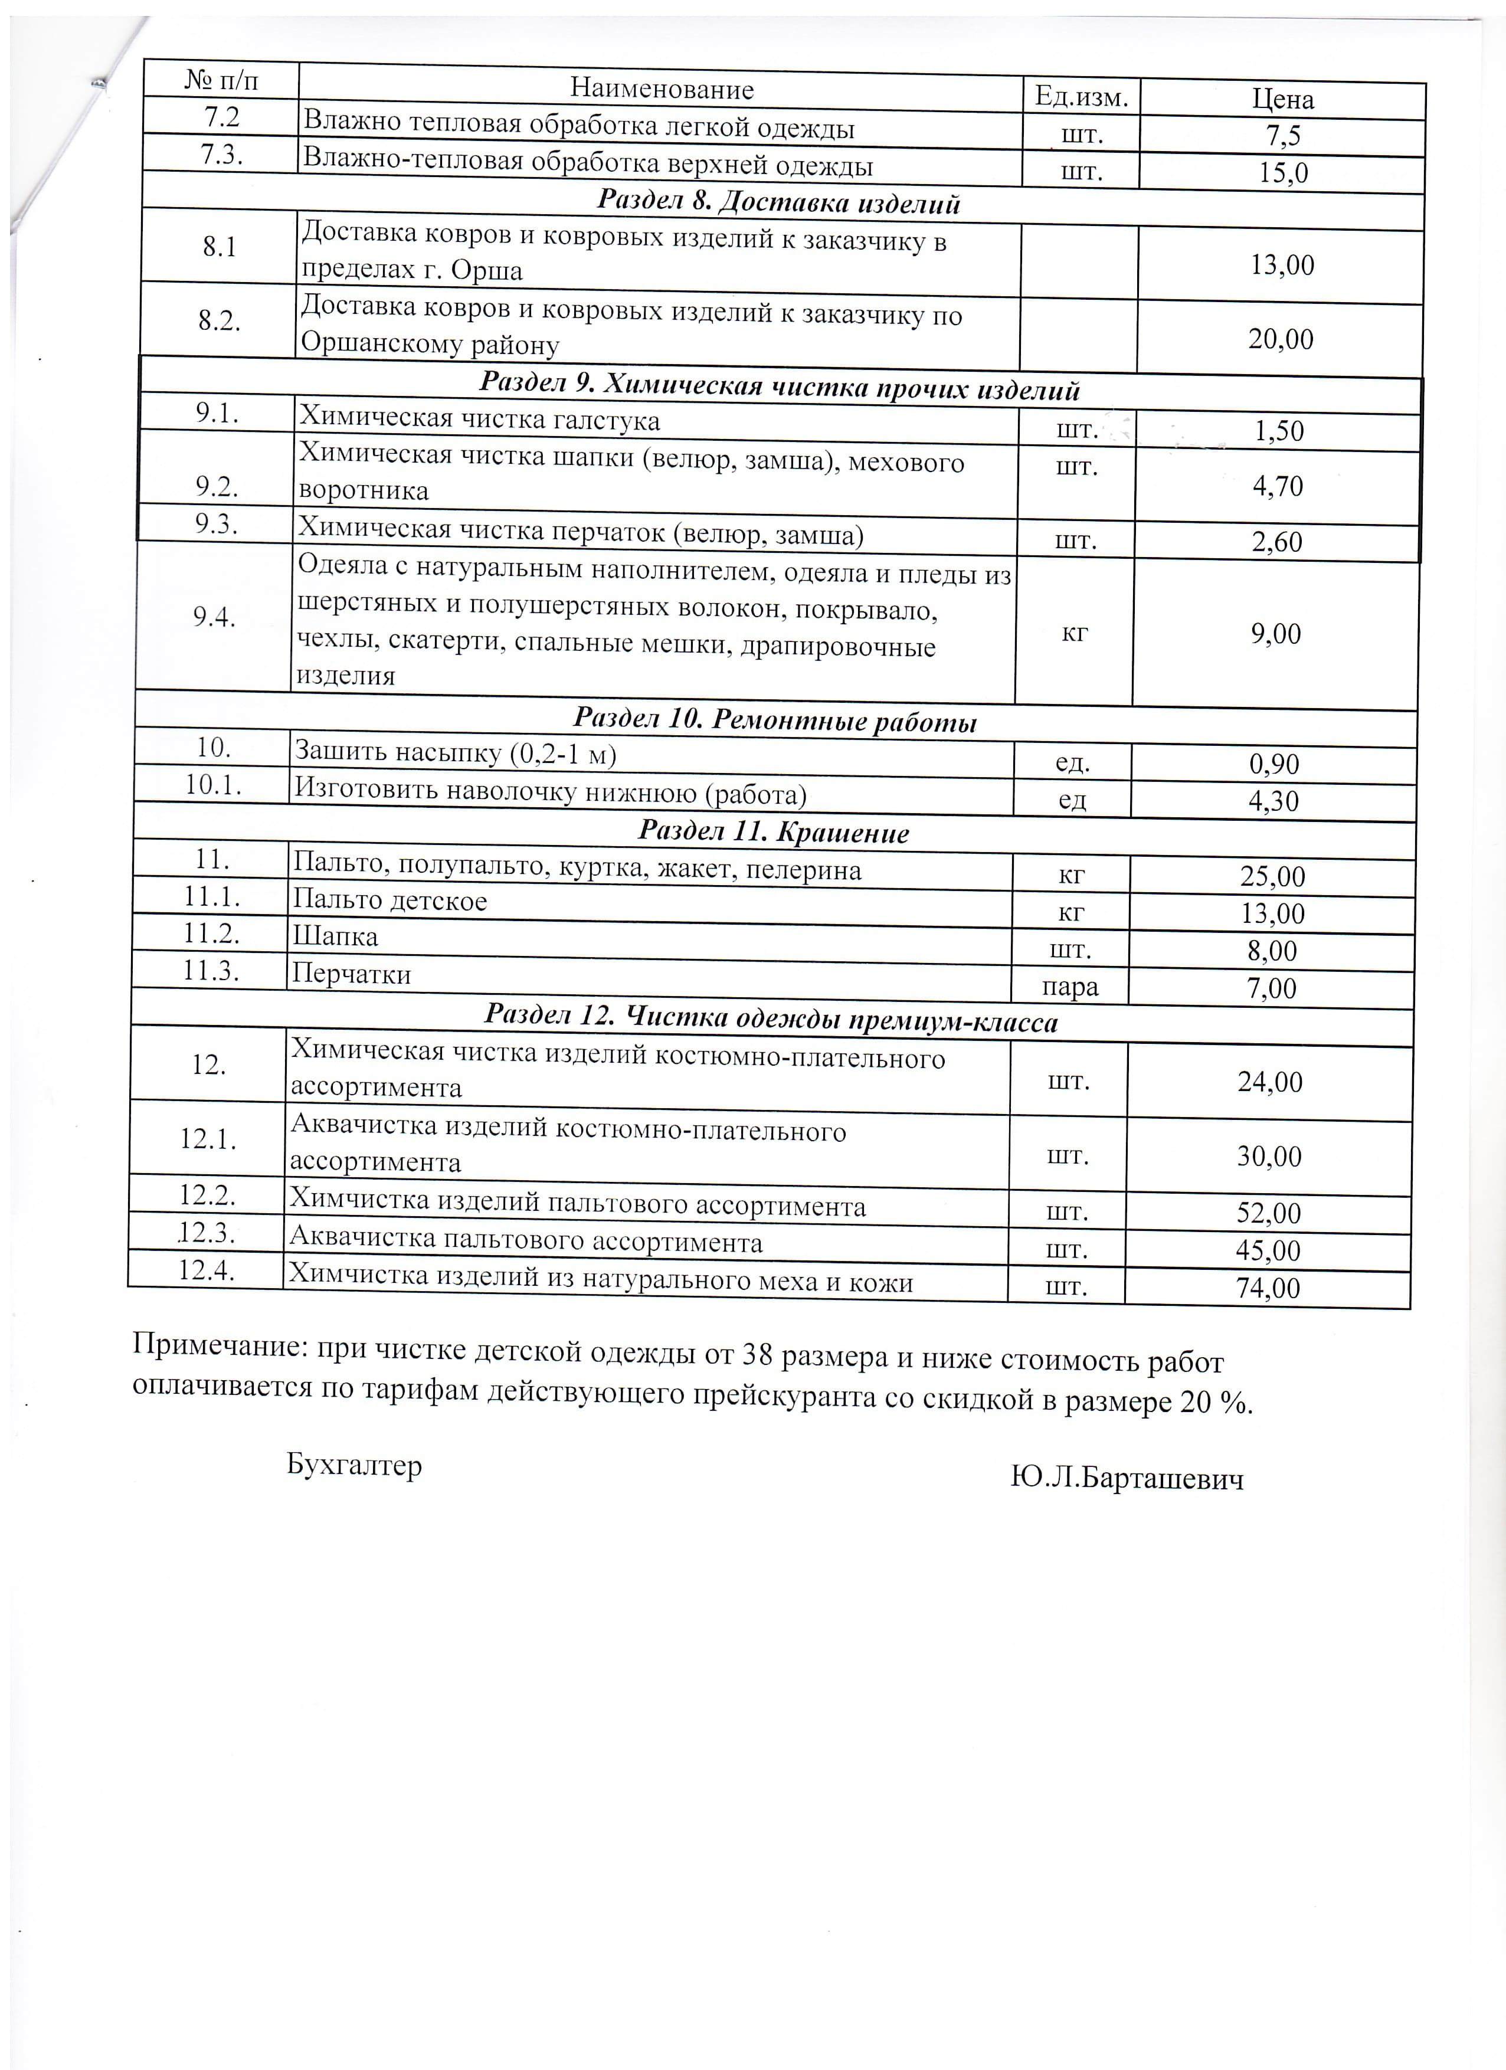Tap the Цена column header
pyautogui.click(x=1282, y=99)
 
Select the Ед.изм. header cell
pyautogui.click(x=1081, y=95)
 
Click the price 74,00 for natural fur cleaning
pyautogui.click(x=1268, y=1288)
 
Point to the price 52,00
pyautogui.click(x=1269, y=1213)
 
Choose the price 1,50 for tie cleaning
pyautogui.click(x=1279, y=431)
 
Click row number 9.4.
pyautogui.click(x=214, y=617)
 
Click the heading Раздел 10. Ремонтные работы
pyautogui.click(x=775, y=721)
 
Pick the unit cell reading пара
pyautogui.click(x=1070, y=987)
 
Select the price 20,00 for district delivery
pyautogui.click(x=1281, y=339)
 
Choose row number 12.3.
pyautogui.click(x=207, y=1232)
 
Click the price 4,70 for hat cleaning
pyautogui.click(x=1278, y=486)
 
